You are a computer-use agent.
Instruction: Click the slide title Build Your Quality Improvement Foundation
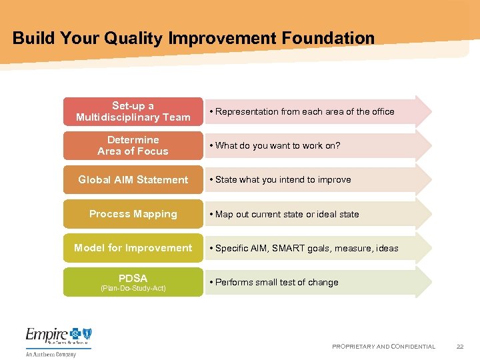point(193,38)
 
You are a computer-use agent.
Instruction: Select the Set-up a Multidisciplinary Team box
point(133,111)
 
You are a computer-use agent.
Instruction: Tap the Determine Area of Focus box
point(133,145)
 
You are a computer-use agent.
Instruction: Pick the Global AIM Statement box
point(133,179)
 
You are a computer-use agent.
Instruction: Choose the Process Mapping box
point(133,214)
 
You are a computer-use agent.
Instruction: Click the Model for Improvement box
point(133,248)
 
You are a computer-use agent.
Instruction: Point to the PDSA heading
point(133,278)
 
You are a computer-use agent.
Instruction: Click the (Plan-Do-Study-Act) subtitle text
point(133,289)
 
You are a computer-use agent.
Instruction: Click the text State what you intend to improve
point(283,180)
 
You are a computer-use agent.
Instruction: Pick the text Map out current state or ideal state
point(287,215)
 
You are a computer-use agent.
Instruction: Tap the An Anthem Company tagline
point(51,354)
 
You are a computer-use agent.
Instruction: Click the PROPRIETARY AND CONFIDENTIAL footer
point(383,347)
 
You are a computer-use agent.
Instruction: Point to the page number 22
point(460,347)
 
